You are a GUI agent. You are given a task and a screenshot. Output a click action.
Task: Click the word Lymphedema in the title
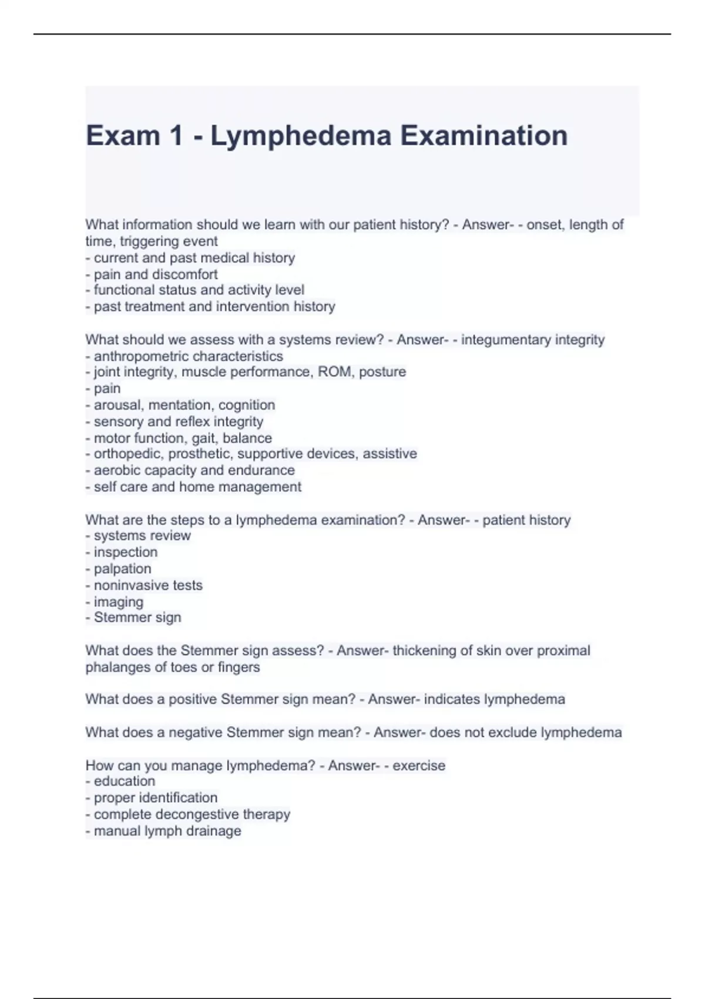[301, 136]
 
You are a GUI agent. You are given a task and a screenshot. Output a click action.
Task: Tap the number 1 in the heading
[176, 136]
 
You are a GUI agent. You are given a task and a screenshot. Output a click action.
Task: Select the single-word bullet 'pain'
[107, 388]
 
